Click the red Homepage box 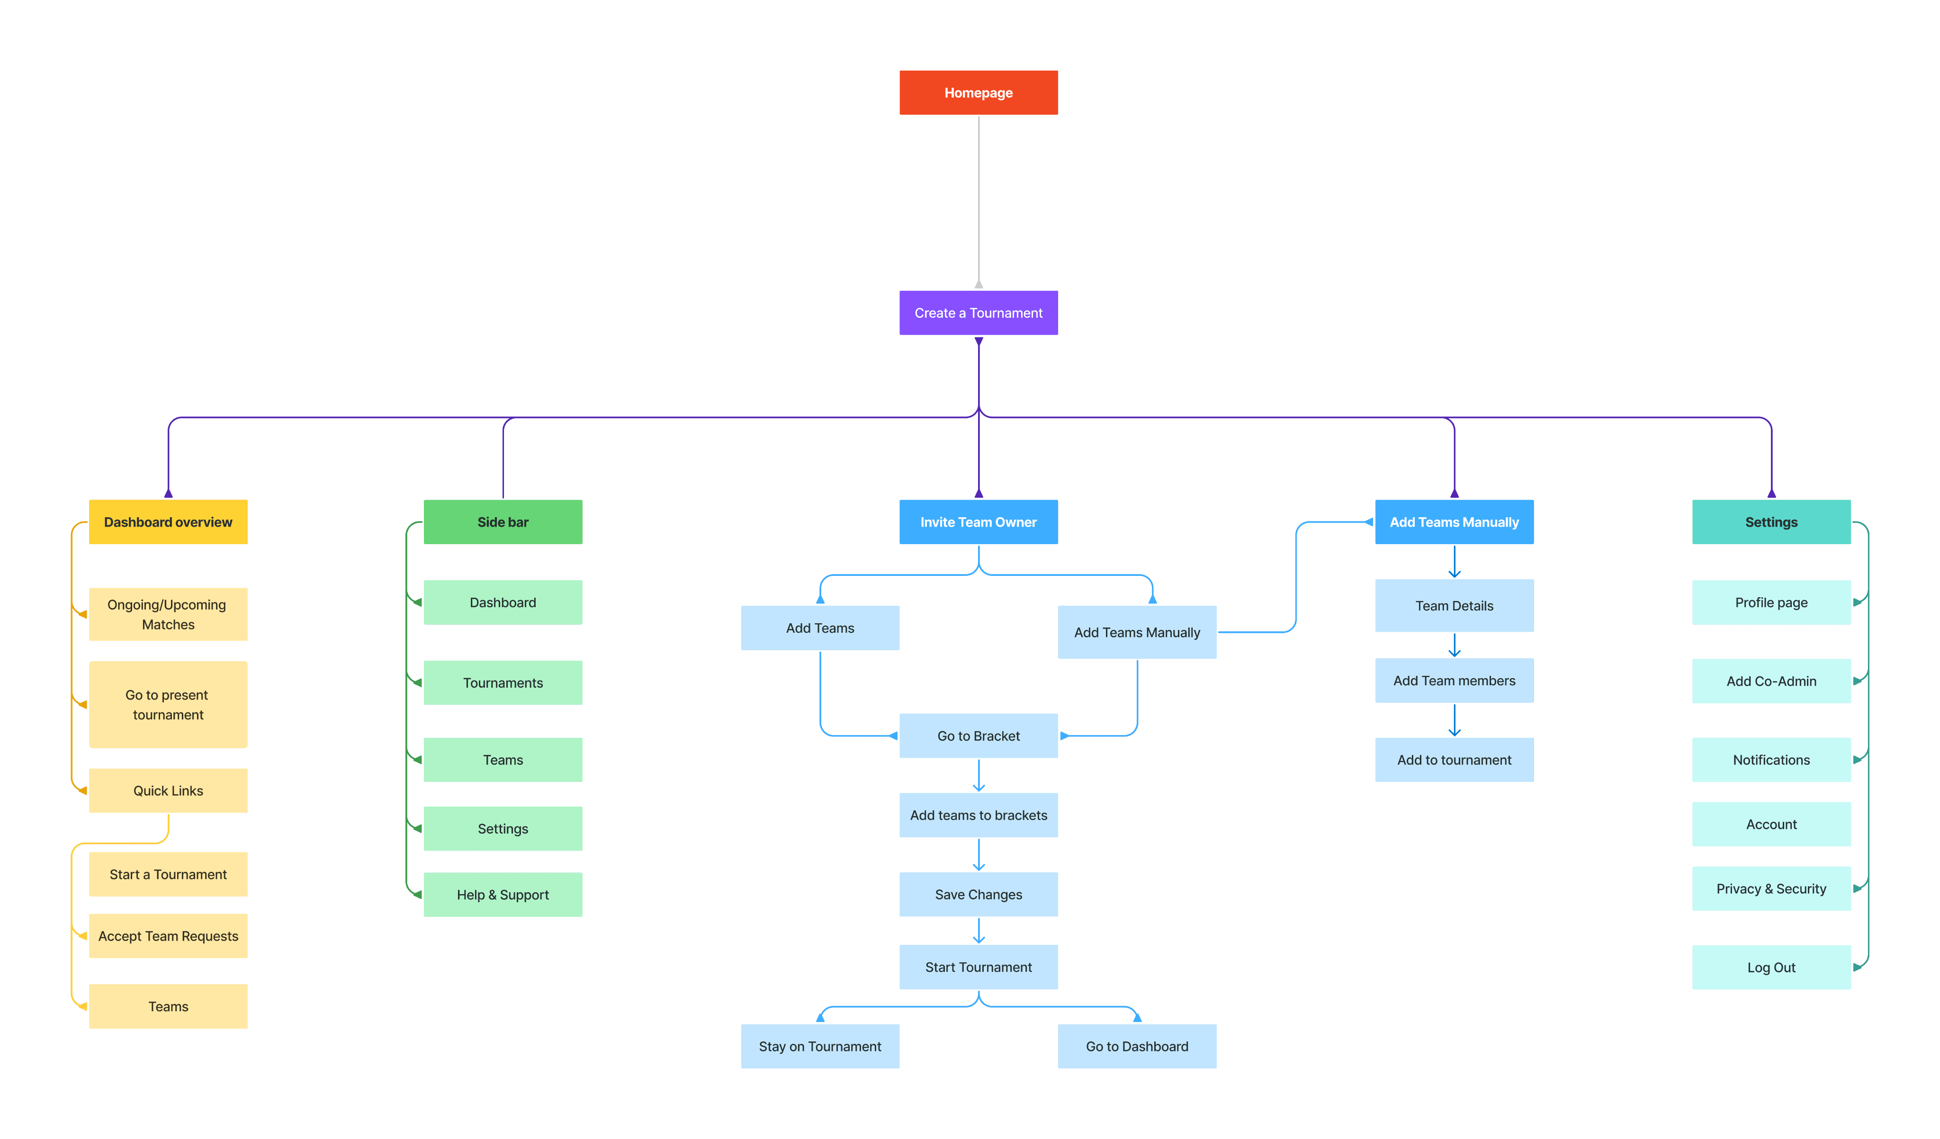coord(979,92)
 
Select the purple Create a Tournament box coord(979,313)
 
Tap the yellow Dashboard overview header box coord(168,522)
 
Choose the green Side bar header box coord(503,522)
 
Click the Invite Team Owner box coord(979,522)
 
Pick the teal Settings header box coord(1771,522)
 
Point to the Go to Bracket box coord(979,736)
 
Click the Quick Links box coord(168,790)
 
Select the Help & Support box coord(503,894)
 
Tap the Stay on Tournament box coord(820,1046)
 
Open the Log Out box coord(1771,968)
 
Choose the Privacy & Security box coord(1771,888)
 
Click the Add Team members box coord(1454,680)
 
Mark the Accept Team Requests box coord(168,936)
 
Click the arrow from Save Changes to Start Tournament coord(979,931)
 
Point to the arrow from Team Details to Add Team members coord(1454,645)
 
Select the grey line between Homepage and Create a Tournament coord(979,202)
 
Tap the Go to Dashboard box coord(1137,1046)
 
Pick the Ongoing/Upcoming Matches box coord(168,614)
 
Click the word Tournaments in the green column coord(503,682)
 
